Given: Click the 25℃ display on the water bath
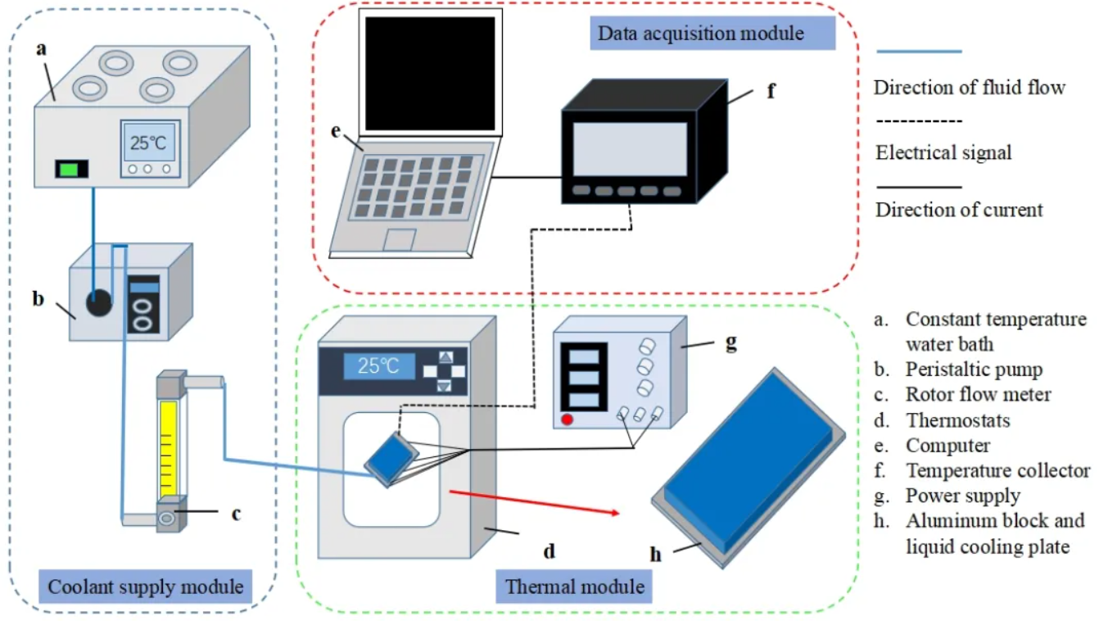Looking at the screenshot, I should (149, 143).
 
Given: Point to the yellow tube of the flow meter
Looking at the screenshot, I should (169, 446).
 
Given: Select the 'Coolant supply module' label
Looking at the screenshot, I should (146, 587).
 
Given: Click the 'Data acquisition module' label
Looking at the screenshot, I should (712, 34).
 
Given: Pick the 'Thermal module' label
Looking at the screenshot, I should (574, 587).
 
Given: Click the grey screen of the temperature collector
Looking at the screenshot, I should (629, 148).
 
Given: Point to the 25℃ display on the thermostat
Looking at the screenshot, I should (378, 365).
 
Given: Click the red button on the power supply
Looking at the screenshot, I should (566, 421).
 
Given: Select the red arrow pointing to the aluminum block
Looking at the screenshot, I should (533, 502).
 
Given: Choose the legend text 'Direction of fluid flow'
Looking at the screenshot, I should (970, 87).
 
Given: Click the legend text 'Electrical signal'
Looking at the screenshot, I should (943, 152).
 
